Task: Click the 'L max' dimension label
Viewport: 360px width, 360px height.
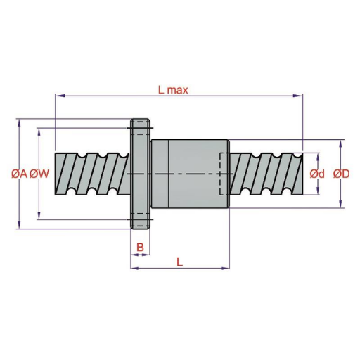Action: click(x=173, y=90)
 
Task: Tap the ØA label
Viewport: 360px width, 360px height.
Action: click(x=20, y=174)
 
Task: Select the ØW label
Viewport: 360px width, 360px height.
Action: click(x=39, y=174)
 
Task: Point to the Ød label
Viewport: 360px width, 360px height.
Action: click(x=317, y=174)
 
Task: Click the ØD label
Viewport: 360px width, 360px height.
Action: click(x=341, y=174)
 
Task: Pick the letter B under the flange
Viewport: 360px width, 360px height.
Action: click(x=140, y=247)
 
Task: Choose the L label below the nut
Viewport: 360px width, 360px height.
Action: click(x=179, y=262)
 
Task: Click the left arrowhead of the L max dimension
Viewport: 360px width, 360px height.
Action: click(x=60, y=96)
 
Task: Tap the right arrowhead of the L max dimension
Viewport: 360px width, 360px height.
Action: click(x=297, y=96)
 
